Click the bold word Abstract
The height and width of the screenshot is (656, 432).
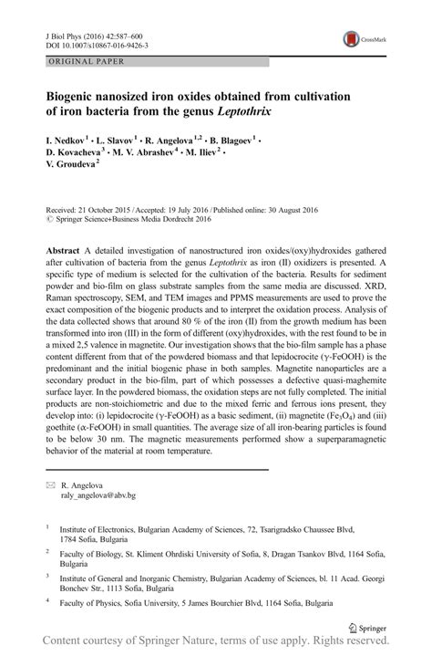point(65,249)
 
